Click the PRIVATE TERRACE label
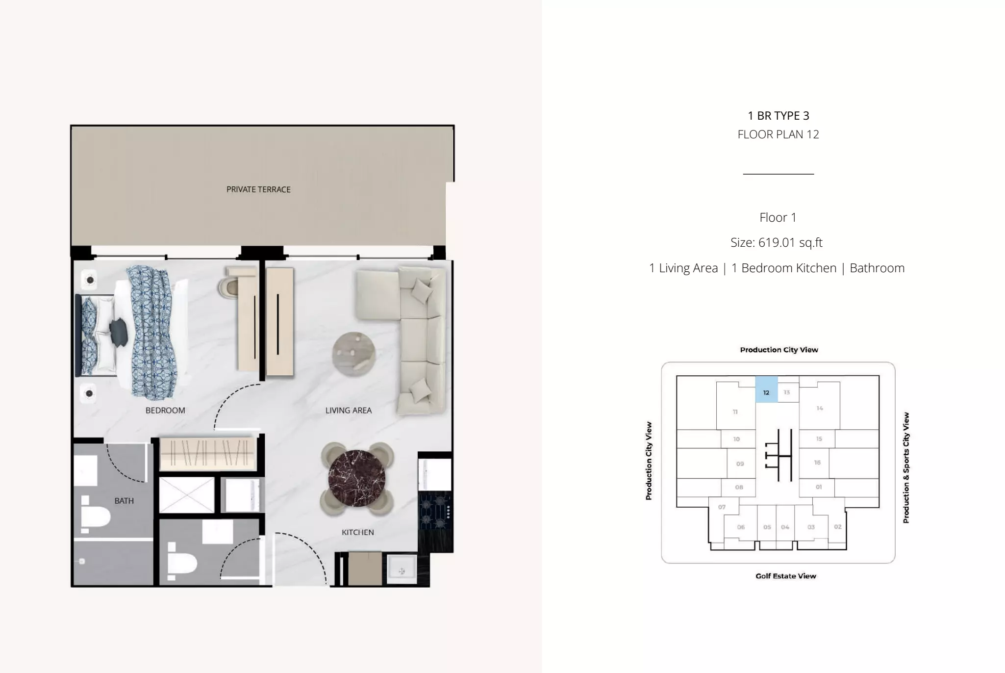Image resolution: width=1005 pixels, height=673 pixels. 258,189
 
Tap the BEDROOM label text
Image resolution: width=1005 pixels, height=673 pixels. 165,411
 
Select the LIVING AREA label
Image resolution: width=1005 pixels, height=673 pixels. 349,411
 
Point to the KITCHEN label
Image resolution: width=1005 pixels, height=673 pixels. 358,532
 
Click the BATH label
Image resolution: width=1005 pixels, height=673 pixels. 124,501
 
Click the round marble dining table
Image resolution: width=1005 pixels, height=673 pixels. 356,478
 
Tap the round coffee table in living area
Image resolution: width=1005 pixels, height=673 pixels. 354,354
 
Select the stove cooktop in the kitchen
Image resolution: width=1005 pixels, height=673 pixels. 434,510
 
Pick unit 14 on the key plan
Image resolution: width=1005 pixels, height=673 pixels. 820,408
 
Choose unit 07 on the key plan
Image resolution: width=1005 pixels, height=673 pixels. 722,507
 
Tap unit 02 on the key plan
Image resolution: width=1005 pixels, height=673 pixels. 838,527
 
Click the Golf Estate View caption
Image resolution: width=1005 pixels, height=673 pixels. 786,576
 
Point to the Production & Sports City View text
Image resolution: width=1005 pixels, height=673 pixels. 906,467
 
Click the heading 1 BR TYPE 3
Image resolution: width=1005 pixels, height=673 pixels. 779,116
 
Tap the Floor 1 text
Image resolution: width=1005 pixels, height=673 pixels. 778,217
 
